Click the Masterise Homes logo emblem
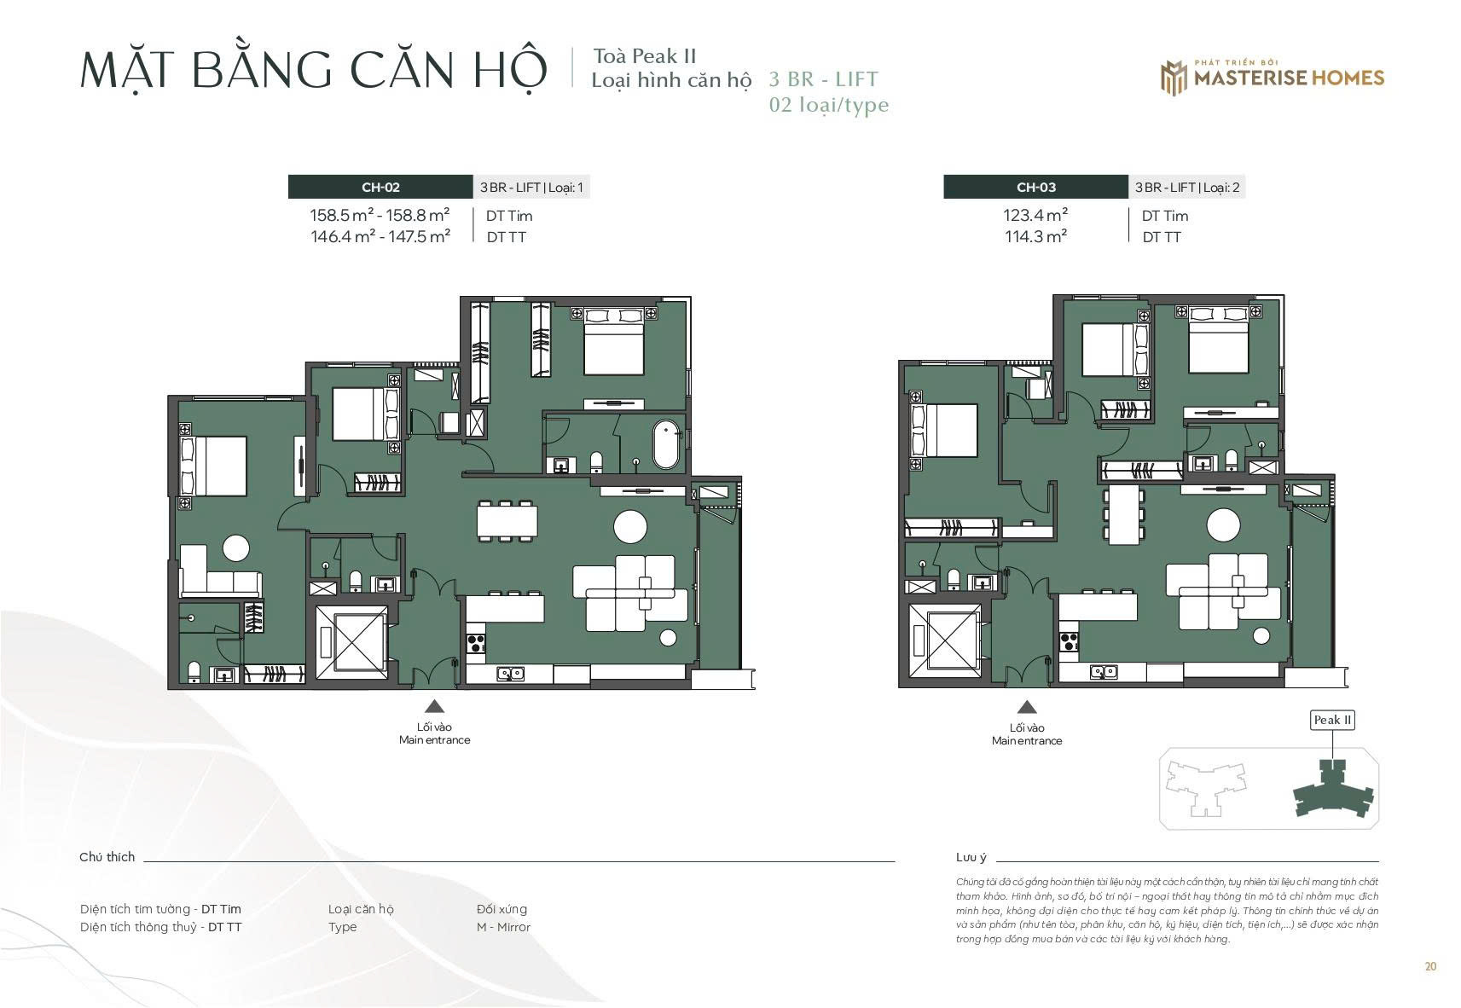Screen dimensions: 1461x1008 1174,78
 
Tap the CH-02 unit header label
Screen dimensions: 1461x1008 380,187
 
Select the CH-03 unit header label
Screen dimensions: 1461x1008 1035,187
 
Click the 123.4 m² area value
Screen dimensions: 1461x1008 1035,215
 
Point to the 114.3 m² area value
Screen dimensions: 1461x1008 1035,236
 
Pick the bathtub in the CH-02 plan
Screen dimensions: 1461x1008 666,444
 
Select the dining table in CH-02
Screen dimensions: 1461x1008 507,521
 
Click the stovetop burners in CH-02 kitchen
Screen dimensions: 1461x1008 476,644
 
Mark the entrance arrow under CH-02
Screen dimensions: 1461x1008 434,707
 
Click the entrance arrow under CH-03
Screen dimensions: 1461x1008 1027,707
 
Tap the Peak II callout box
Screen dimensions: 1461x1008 1332,720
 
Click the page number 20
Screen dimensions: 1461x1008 1430,966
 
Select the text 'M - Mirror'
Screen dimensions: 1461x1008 503,926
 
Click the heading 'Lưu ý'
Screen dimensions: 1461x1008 971,857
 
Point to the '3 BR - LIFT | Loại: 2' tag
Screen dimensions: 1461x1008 1187,187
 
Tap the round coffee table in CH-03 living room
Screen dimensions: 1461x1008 1223,524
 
